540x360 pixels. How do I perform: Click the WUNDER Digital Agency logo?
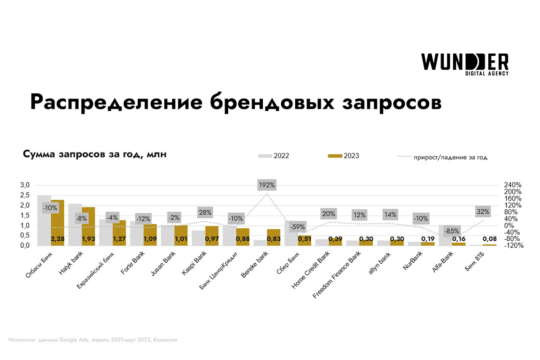[465, 64]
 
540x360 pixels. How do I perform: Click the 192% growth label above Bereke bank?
[267, 184]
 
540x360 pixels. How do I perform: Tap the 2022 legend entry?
[274, 156]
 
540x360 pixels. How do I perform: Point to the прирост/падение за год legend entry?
[443, 157]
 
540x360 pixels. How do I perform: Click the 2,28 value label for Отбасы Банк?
[57, 238]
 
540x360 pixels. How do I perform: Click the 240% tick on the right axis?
[513, 185]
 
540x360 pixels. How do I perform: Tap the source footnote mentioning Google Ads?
[93, 340]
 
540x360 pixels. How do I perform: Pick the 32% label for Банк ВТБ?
[483, 211]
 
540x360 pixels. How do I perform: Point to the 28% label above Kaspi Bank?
[205, 212]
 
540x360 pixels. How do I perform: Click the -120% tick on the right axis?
[513, 246]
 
